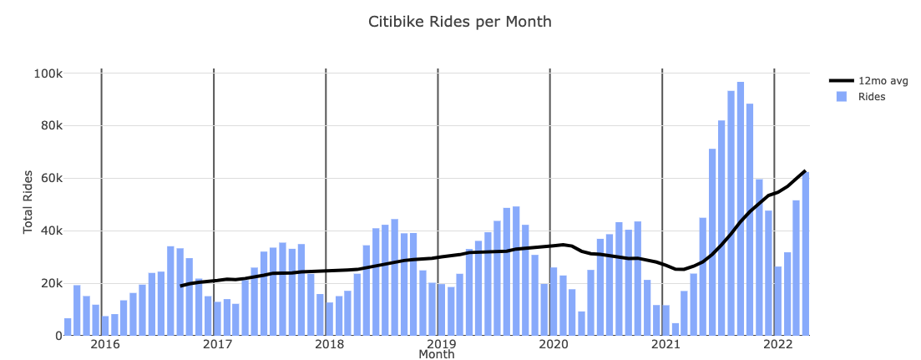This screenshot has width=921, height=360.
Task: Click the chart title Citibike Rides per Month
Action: tap(460, 22)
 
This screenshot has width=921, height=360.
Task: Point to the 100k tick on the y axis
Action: tap(48, 74)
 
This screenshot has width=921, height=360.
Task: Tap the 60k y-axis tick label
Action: tap(50, 178)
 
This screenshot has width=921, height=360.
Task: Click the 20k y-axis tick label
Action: tap(50, 283)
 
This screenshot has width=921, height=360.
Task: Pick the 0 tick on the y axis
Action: tap(58, 336)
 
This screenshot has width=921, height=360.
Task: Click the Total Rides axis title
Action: tap(28, 201)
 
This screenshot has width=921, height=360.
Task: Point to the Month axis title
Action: tap(436, 355)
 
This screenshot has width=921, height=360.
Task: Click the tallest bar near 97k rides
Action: tap(741, 209)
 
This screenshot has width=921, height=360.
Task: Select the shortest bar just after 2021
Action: tap(676, 329)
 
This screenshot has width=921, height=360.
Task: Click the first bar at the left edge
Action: tap(68, 327)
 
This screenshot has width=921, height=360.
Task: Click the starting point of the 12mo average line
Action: tap(180, 286)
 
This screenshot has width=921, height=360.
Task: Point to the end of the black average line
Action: tap(805, 170)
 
